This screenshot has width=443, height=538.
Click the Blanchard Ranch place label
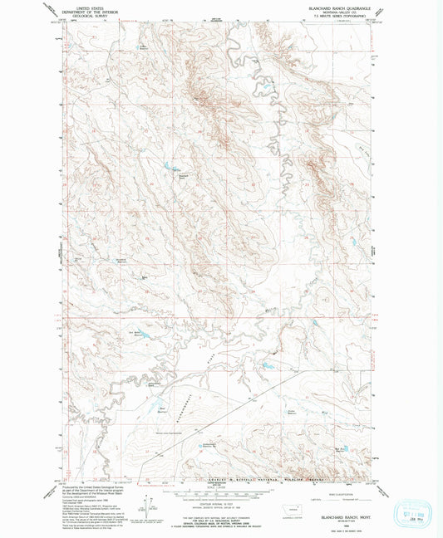tap(185, 176)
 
